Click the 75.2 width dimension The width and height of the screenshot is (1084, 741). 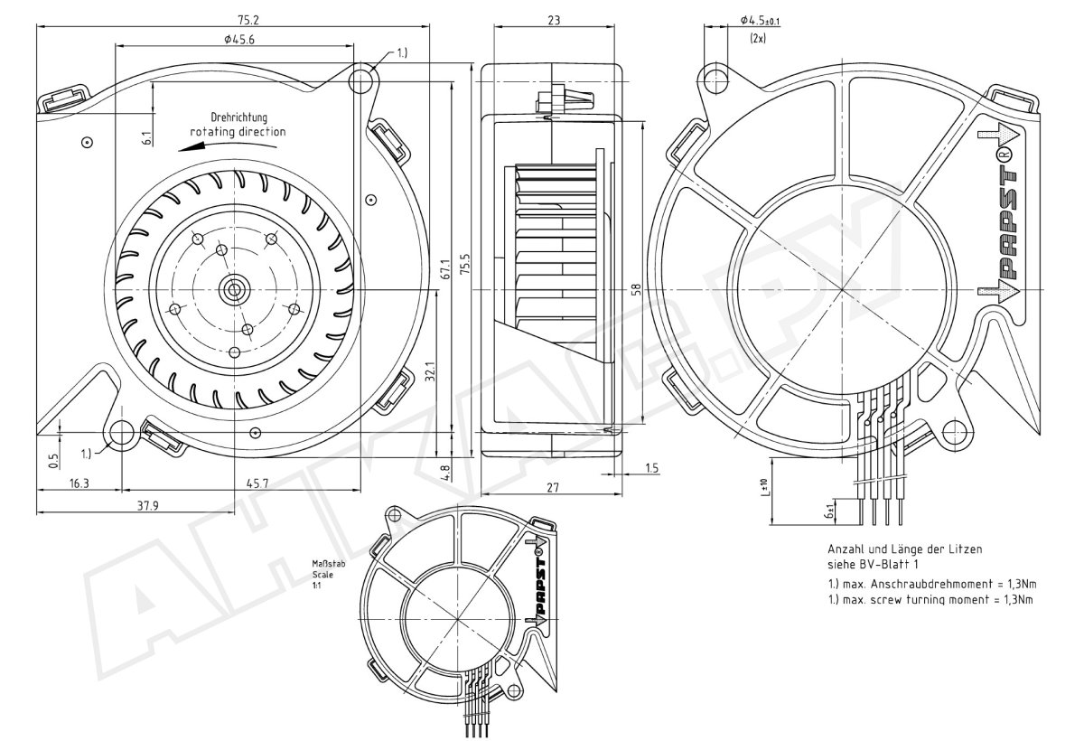[x=232, y=19]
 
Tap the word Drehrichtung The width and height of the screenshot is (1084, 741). [x=239, y=117]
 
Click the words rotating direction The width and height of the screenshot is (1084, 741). [x=238, y=132]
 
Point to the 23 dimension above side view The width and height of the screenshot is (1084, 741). [x=552, y=19]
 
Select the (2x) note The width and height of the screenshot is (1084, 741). [x=758, y=39]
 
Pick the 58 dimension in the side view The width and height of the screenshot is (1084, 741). [x=635, y=289]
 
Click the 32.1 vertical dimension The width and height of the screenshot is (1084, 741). [x=431, y=372]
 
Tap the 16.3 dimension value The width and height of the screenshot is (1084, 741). [x=79, y=484]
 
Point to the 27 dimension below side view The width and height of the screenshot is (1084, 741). [x=553, y=488]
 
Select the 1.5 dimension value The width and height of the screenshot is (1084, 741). [x=652, y=467]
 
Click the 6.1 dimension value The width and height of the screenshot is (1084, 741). [x=146, y=137]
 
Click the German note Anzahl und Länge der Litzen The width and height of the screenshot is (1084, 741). [x=904, y=549]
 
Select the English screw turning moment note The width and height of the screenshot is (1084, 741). [x=930, y=598]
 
